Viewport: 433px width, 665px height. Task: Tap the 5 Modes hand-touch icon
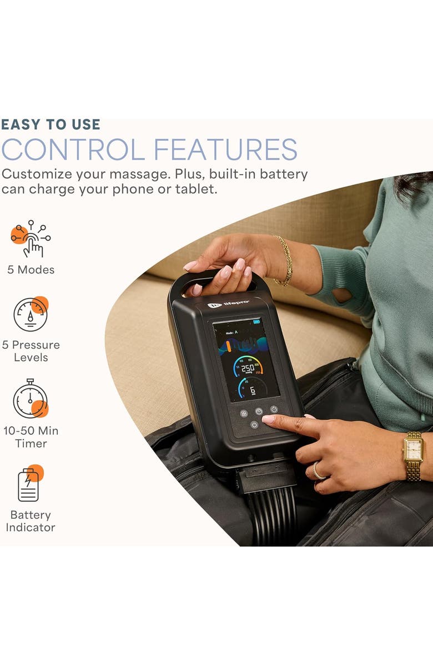tap(31, 239)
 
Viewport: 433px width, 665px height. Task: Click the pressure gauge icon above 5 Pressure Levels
tap(31, 314)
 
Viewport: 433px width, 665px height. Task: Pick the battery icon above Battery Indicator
tap(29, 484)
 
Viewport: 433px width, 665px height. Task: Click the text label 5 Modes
tap(31, 270)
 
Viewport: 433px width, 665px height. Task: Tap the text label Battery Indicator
tap(31, 521)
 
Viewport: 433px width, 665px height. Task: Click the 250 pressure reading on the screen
tap(247, 368)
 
